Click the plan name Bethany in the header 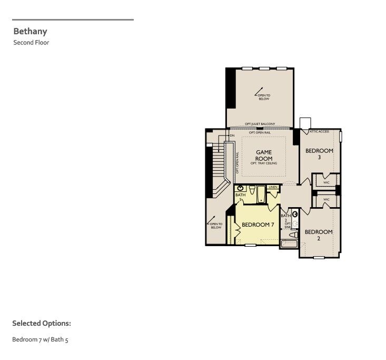point(30,32)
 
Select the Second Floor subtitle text point(31,43)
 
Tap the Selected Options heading point(41,323)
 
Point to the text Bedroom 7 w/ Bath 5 point(40,340)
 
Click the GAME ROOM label point(264,155)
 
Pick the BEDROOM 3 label point(319,154)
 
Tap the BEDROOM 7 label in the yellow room point(258,225)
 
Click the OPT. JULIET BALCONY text point(260,124)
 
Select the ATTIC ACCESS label point(319,131)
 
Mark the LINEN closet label point(273,187)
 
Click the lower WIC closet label point(326,199)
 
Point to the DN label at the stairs point(232,135)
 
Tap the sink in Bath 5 point(241,188)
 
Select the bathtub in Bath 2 point(289,244)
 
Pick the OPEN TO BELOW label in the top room point(263,97)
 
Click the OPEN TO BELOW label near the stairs point(216,226)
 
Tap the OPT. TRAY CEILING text point(264,163)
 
